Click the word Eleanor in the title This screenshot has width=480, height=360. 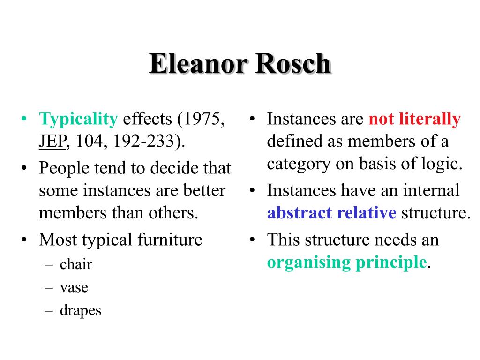pos(198,63)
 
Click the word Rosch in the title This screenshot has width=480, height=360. pos(293,63)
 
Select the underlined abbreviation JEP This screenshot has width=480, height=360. pos(52,142)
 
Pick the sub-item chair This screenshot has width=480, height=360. pos(75,264)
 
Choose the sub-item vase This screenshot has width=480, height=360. pos(74,288)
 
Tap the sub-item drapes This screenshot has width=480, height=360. pos(81,310)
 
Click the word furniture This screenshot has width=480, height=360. pos(170,239)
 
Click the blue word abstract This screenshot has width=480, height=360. pos(300,212)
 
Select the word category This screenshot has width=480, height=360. pos(299,165)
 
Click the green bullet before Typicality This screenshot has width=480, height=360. pos(24,119)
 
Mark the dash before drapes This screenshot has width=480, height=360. pos(49,311)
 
